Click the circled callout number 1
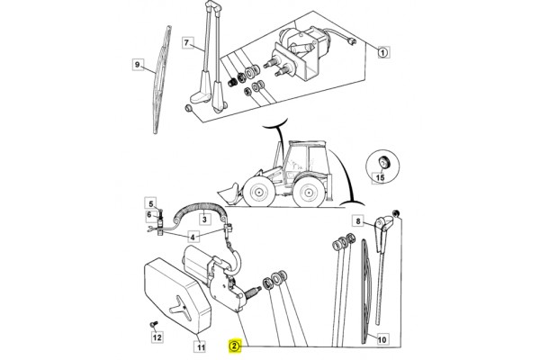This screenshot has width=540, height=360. pos(383,52)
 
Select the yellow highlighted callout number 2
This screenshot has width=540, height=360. pos(234,346)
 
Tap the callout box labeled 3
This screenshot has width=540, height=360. pos(204,219)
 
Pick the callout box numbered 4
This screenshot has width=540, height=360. pos(193,237)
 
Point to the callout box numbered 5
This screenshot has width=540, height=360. pos(150,203)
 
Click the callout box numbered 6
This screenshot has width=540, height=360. pos(148,215)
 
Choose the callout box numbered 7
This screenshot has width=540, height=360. pos(186,42)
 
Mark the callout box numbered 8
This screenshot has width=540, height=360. pos(358,220)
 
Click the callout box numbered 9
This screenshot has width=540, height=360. pos(138,65)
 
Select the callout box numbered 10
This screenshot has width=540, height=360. pos(382,339)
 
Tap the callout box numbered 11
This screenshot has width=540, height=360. pos(201,346)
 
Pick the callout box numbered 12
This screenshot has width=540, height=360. pos(157,337)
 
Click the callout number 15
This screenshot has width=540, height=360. pos(380,177)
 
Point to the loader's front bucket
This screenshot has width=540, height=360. pos(229,194)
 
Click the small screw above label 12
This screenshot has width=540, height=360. pos(153,324)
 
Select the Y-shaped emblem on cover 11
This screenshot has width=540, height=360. pos(180,306)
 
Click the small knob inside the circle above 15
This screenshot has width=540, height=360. pos(382,162)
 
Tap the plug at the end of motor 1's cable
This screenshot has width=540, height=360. pos(351,41)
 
